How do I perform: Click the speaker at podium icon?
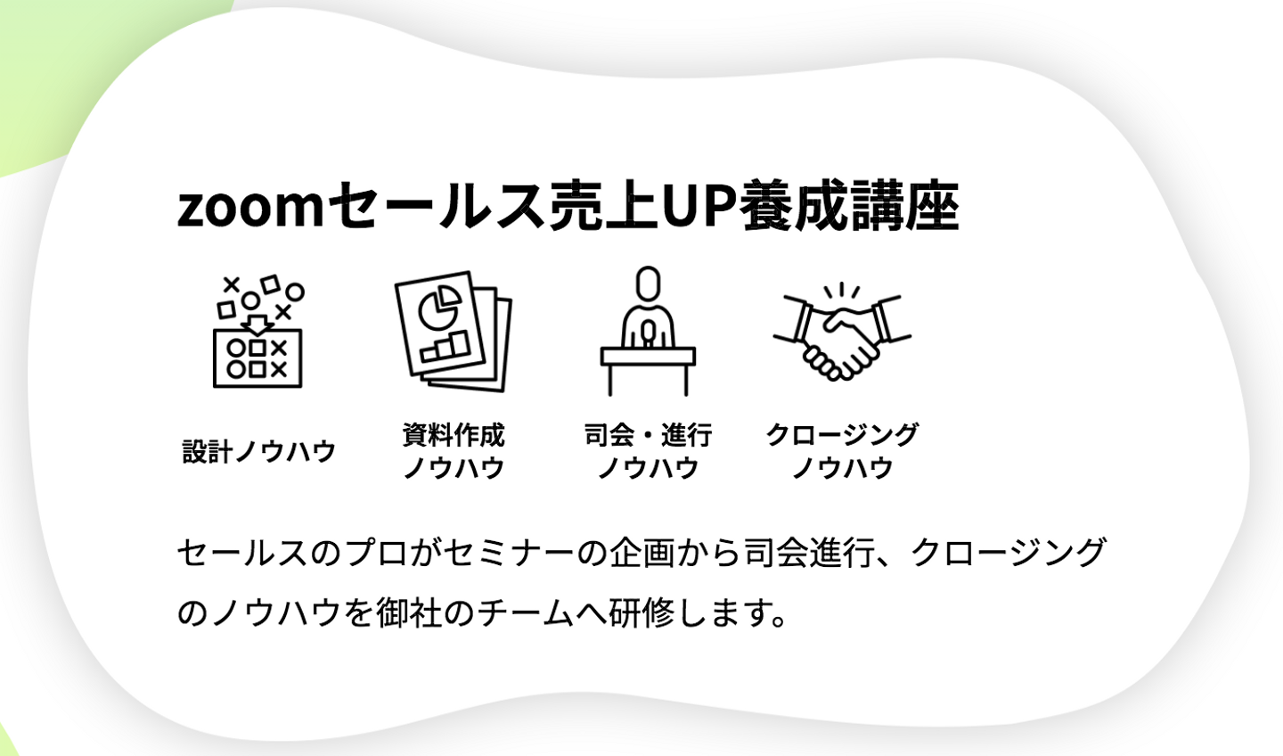648,332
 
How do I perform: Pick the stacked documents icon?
453,331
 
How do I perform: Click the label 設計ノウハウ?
258,451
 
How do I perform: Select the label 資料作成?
453,435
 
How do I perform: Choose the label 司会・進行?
648,435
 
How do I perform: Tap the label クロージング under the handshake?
842,435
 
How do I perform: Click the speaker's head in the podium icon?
648,283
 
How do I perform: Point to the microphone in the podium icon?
648,333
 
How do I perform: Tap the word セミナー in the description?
508,554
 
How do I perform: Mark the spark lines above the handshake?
841,292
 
